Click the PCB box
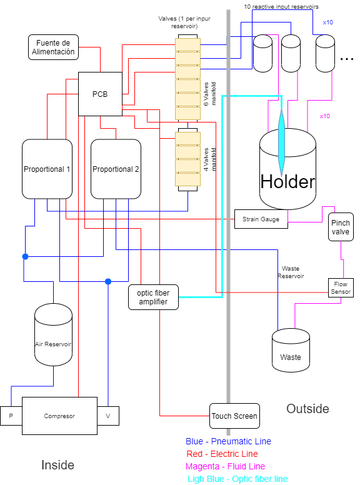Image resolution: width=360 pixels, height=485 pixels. (x=100, y=94)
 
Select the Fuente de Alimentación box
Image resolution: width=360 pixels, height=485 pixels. (x=53, y=47)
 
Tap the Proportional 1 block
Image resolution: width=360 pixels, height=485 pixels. (x=47, y=169)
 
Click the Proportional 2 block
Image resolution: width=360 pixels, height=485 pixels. (x=116, y=169)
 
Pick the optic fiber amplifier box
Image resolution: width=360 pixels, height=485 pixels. (x=153, y=297)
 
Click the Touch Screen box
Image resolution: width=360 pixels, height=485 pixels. (x=234, y=416)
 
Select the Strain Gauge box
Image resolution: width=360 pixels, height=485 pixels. (x=261, y=219)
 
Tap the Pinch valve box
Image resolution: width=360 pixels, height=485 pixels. (x=341, y=227)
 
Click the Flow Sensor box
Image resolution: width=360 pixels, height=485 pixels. (x=341, y=287)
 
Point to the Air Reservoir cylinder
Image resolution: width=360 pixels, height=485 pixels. (x=53, y=334)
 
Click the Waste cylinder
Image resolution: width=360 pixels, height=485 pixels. (x=291, y=350)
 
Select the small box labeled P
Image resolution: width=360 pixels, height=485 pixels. (x=11, y=416)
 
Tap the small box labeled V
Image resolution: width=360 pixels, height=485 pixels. (x=108, y=416)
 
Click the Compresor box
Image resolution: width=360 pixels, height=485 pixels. (x=60, y=416)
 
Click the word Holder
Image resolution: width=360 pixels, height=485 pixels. (x=287, y=182)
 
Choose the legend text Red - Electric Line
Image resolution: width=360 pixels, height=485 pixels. (x=222, y=454)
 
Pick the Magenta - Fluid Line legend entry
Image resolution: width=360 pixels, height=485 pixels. (x=225, y=466)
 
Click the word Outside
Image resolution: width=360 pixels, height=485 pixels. (x=307, y=409)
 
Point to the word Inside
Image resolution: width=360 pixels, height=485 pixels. (x=58, y=465)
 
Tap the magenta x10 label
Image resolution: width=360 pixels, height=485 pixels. (x=325, y=116)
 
